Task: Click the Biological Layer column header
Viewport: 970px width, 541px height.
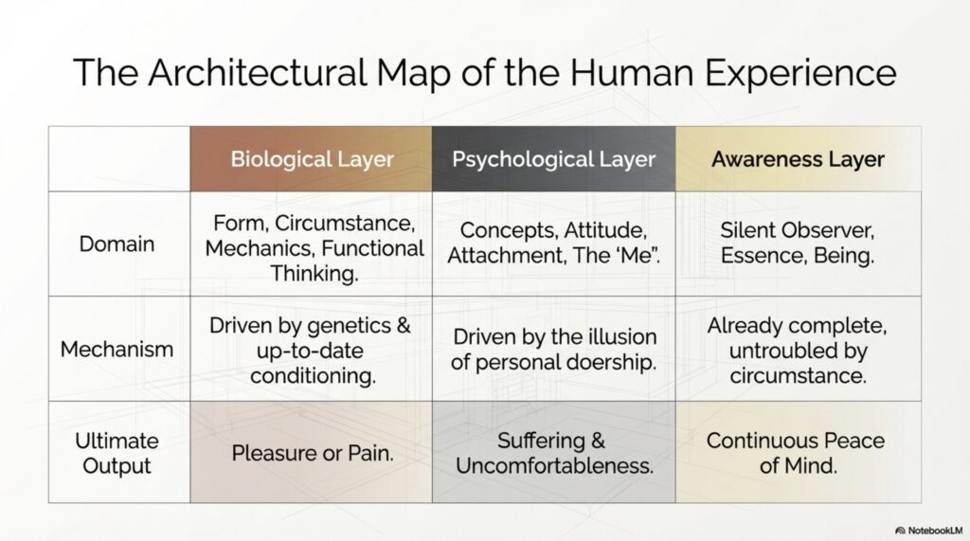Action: click(311, 159)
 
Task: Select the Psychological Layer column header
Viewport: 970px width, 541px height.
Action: click(553, 159)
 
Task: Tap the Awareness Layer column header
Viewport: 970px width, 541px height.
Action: click(798, 159)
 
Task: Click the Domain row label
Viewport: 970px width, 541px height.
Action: click(117, 243)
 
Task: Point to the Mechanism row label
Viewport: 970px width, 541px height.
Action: click(117, 349)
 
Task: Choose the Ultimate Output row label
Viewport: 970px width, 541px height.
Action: click(117, 453)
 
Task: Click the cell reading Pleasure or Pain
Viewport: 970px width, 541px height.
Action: click(311, 453)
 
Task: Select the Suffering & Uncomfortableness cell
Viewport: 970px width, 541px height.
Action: click(553, 453)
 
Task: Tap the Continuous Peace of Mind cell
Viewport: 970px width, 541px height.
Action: click(798, 453)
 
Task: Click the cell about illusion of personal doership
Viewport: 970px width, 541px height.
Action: click(553, 349)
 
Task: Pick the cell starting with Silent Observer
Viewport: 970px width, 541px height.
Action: click(798, 243)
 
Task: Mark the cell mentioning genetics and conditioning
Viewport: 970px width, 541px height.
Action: click(311, 349)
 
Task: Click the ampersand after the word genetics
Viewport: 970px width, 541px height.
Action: click(403, 326)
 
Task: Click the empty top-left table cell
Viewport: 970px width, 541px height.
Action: click(119, 159)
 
